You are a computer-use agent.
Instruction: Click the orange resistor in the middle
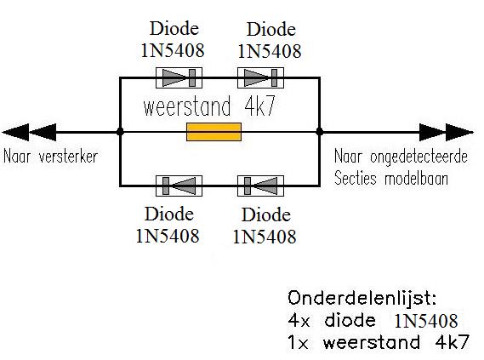[x=214, y=132]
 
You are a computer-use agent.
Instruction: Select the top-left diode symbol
[x=179, y=77]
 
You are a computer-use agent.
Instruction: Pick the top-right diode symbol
[x=260, y=77]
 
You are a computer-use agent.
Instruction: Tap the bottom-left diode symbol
[x=179, y=186]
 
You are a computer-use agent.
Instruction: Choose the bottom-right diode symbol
[x=260, y=186]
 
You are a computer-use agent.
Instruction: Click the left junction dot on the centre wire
[x=120, y=132]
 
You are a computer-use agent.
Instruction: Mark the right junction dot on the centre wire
[x=320, y=132]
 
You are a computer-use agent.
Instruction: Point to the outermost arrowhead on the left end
[x=16, y=132]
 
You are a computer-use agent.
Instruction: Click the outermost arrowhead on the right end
[x=459, y=132]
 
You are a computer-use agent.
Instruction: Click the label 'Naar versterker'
[x=50, y=157]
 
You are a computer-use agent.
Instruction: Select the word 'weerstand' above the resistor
[x=187, y=106]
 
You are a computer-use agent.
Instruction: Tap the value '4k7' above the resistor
[x=259, y=106]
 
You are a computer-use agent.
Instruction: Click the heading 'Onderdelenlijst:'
[x=362, y=299]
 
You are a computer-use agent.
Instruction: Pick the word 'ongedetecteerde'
[x=419, y=157]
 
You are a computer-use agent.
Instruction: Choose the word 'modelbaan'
[x=417, y=179]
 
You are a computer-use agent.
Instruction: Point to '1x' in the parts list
[x=298, y=343]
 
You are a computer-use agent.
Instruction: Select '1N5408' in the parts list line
[x=426, y=321]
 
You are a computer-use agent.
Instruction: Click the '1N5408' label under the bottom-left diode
[x=168, y=236]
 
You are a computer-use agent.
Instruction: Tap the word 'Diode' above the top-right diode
[x=271, y=30]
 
